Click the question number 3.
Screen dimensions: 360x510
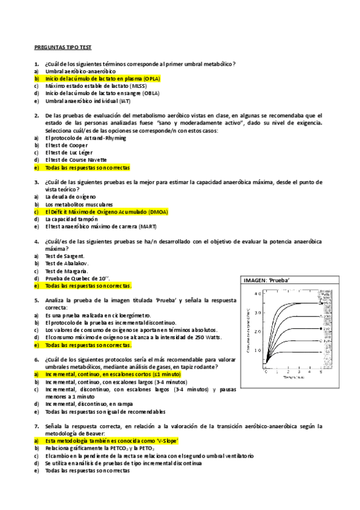coord(37,182)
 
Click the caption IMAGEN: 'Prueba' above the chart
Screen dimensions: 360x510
coord(269,281)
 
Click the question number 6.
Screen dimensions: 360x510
coord(37,359)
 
